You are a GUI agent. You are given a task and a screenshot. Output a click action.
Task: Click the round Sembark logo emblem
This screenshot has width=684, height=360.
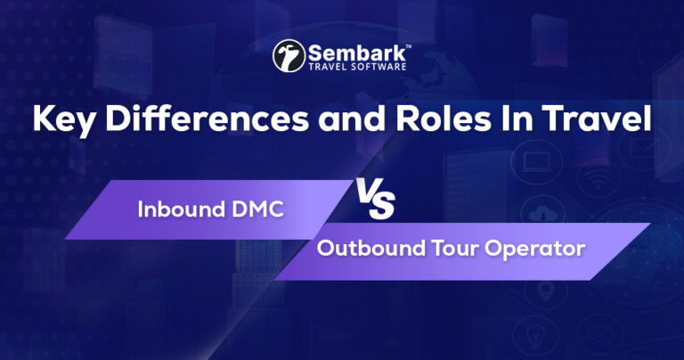coord(289,55)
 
